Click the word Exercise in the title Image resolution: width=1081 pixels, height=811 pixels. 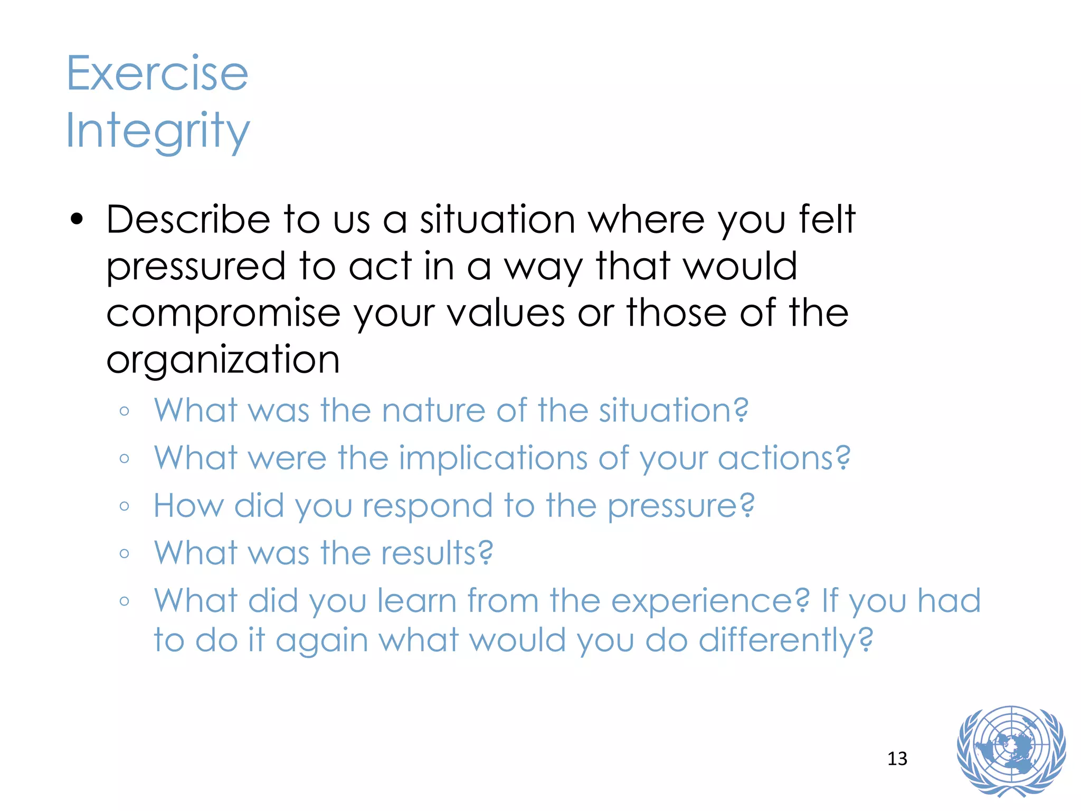(157, 73)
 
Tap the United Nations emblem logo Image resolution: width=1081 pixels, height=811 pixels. (1011, 750)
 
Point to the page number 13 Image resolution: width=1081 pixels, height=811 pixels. (897, 759)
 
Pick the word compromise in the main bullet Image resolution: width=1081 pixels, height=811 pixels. (223, 313)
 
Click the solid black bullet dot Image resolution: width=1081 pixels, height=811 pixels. (77, 220)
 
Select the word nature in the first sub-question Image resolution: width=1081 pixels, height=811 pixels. (433, 410)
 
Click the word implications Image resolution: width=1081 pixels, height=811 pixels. (492, 458)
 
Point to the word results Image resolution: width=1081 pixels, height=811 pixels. (437, 553)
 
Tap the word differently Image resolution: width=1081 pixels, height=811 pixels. (785, 640)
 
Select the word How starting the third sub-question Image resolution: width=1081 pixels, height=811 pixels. (188, 506)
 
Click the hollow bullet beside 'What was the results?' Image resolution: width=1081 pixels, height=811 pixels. (125, 554)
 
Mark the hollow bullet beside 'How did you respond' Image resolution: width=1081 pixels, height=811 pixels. (125, 506)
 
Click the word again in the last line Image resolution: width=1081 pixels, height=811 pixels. (321, 641)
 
